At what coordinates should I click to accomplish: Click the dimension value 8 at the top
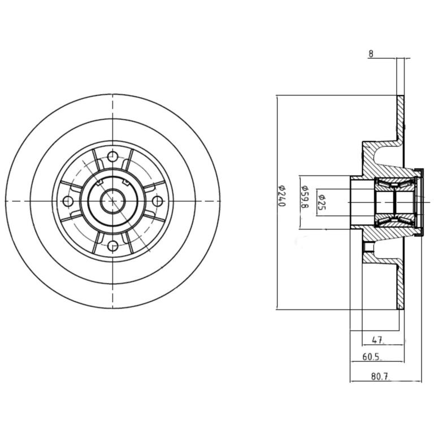coord(371,54)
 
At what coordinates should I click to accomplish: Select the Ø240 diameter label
coord(281,195)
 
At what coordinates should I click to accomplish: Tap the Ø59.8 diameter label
coord(304,197)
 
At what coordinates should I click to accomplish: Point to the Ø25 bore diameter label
coord(322,202)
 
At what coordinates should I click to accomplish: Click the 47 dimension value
coord(377,340)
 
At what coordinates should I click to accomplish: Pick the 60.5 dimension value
coord(371,357)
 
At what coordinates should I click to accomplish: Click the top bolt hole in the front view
coord(112,157)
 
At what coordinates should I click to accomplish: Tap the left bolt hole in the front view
coord(68,201)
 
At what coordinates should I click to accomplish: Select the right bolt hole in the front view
coord(158,201)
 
